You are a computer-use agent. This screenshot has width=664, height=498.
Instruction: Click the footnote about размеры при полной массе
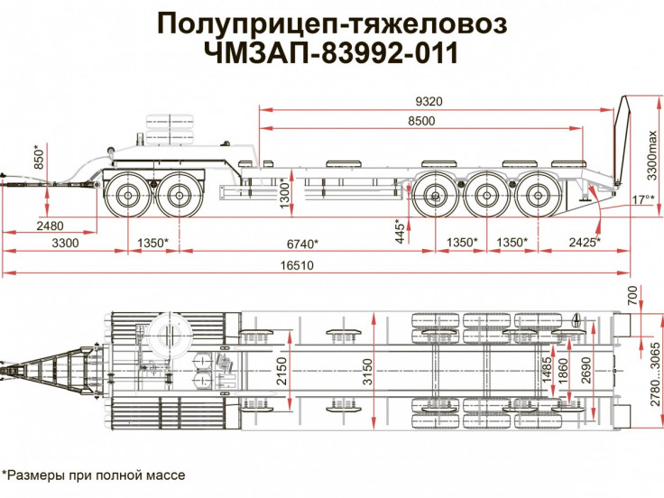click(94, 475)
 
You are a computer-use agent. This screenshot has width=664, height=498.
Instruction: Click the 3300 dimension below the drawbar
click(65, 244)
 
